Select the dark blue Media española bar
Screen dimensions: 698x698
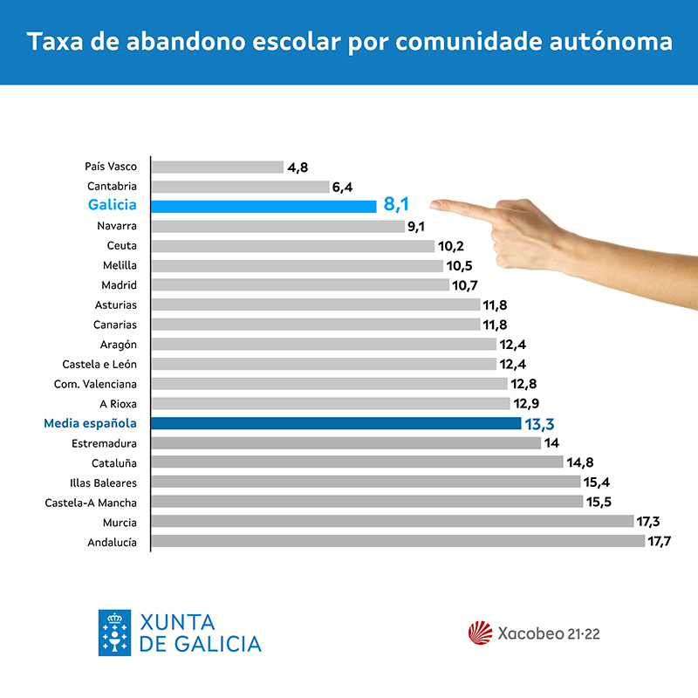tap(336, 423)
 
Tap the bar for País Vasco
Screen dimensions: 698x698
tap(217, 167)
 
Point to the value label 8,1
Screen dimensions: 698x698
tap(396, 206)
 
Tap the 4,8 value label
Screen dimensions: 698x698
tap(298, 168)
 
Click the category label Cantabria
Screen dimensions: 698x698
tap(112, 186)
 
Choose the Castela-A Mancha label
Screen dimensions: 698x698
tap(91, 502)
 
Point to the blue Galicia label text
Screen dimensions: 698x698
tap(113, 205)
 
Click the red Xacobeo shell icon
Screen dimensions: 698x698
tap(481, 633)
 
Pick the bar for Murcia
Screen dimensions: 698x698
tap(393, 522)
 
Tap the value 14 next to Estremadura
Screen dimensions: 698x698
tap(551, 443)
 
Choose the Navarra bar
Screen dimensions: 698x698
tap(277, 226)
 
